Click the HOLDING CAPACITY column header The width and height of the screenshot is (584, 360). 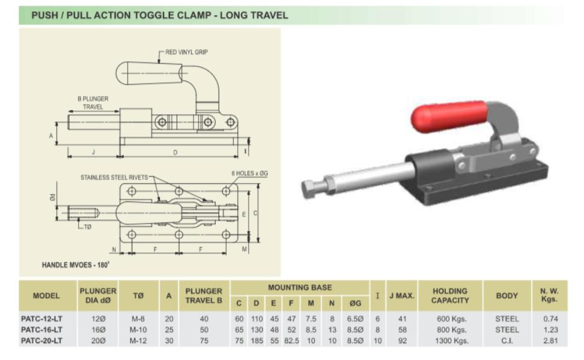[x=449, y=294]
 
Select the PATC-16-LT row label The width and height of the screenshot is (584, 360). [x=41, y=330]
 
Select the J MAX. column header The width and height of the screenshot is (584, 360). [x=401, y=294]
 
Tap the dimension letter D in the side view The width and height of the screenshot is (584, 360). [x=175, y=152]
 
